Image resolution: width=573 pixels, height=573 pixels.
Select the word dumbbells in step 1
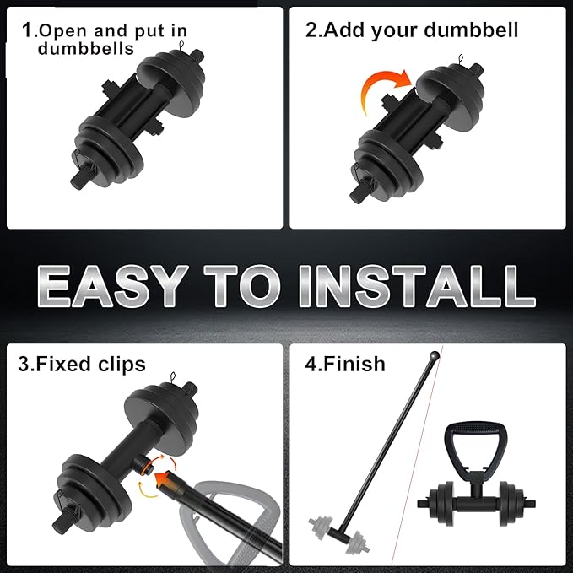(x=85, y=49)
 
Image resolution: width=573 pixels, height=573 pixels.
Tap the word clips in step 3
(x=118, y=365)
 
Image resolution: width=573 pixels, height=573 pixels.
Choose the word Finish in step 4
(x=354, y=365)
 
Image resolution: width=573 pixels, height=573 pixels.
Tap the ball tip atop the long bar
(x=435, y=356)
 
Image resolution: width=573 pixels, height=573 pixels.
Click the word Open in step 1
(x=63, y=31)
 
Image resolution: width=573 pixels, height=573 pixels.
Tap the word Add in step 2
(x=345, y=30)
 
